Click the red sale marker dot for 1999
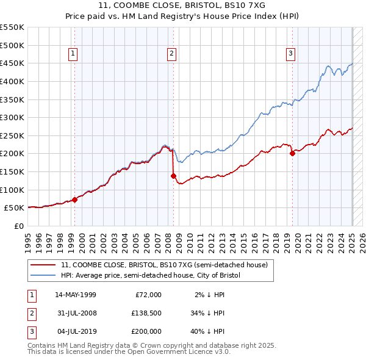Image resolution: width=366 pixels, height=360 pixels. tap(74, 200)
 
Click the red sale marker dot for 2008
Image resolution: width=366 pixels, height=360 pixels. tap(173, 176)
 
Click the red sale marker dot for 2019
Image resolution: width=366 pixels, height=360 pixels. tap(292, 153)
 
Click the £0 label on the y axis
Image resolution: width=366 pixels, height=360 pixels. tap(19, 226)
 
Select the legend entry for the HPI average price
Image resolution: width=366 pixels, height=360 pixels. tap(151, 276)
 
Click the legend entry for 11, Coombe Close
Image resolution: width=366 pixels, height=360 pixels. tap(164, 265)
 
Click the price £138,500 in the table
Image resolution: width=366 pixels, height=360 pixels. tap(145, 314)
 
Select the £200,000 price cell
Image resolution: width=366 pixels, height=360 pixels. tap(145, 333)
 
